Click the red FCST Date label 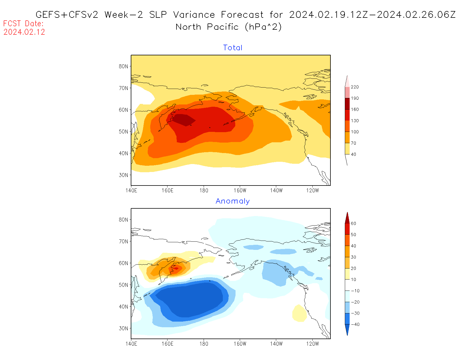coord(23,23)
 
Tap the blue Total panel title coord(233,48)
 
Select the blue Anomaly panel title coord(233,201)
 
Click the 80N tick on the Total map coord(123,66)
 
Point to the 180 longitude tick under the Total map coord(204,191)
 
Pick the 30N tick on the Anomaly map coord(123,328)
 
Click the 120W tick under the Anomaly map coord(312,344)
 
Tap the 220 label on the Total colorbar coord(355,87)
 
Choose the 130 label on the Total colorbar coord(355,121)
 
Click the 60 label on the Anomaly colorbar coord(353,223)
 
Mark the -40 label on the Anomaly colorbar coord(355,324)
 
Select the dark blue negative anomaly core coord(192,299)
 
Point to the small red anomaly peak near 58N coord(176,269)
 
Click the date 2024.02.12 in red coord(24,32)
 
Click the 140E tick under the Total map coord(131,191)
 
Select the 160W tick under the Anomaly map coord(240,344)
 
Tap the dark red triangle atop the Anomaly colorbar coord(347,218)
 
